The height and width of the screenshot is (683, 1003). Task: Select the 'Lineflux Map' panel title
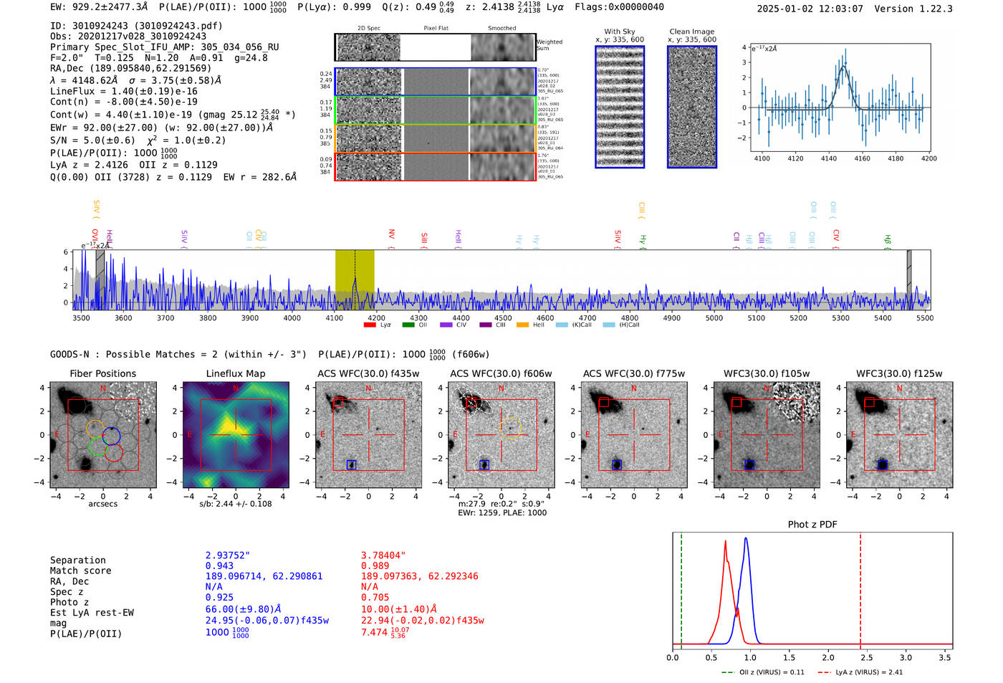pyautogui.click(x=236, y=373)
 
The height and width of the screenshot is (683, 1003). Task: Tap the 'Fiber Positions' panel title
pyautogui.click(x=102, y=373)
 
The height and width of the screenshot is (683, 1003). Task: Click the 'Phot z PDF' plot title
pyautogui.click(x=812, y=525)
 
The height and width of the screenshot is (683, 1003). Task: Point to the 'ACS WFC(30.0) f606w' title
pyautogui.click(x=501, y=373)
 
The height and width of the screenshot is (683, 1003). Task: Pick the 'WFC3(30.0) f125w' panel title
pyautogui.click(x=899, y=373)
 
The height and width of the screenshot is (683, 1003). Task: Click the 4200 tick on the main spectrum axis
pyautogui.click(x=376, y=318)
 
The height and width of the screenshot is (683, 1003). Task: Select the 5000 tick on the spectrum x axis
pyautogui.click(x=714, y=318)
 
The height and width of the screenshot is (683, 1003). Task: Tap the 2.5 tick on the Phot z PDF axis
pyautogui.click(x=867, y=657)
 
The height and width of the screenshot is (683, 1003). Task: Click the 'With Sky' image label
pyautogui.click(x=620, y=32)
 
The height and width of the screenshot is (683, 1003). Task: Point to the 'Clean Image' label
pyautogui.click(x=691, y=32)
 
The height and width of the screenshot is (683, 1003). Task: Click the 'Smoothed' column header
pyautogui.click(x=501, y=29)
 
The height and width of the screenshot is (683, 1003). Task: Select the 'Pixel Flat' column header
pyautogui.click(x=436, y=29)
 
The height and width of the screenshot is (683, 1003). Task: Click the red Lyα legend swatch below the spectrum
pyautogui.click(x=370, y=325)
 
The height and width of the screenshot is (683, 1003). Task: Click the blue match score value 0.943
pyautogui.click(x=219, y=566)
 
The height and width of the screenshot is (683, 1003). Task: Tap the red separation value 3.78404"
pyautogui.click(x=383, y=555)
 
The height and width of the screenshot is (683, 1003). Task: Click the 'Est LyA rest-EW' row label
pyautogui.click(x=92, y=613)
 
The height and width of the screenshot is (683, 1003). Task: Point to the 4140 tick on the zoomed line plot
pyautogui.click(x=829, y=158)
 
